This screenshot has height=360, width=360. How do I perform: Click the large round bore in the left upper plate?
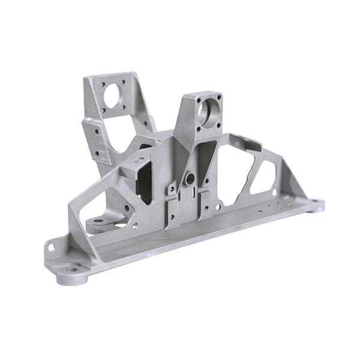(112, 94)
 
